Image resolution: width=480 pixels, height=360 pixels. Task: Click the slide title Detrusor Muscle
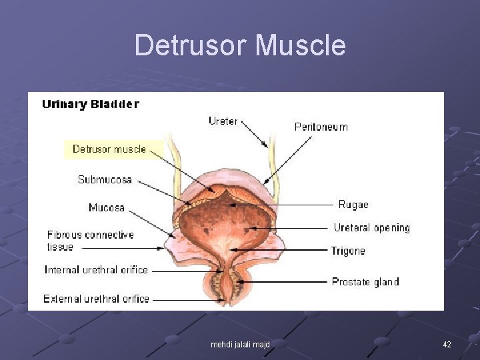[x=240, y=45]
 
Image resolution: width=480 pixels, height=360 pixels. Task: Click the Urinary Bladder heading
[x=91, y=104]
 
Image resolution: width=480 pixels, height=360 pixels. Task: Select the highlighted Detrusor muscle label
[x=109, y=149]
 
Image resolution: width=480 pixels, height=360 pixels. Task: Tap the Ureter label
[x=223, y=121]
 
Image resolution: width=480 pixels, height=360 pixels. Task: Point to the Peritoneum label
[x=321, y=127]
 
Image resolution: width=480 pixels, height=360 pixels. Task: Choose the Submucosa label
[x=105, y=179]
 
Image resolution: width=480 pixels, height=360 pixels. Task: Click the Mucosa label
[x=107, y=207]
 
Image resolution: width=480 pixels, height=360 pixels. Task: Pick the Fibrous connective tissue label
[x=90, y=241]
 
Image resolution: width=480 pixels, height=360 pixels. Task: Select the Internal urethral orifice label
[x=96, y=270]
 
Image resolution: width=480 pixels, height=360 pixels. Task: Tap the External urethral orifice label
[x=96, y=299]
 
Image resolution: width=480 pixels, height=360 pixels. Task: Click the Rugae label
[x=353, y=205]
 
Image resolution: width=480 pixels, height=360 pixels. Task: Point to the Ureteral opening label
[x=371, y=228]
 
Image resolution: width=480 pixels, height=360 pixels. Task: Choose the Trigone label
[x=348, y=251]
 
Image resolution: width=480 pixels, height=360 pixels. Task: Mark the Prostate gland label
[x=365, y=282]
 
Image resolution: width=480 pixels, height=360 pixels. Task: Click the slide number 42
[x=447, y=345]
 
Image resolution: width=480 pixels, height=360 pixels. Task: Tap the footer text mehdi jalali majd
[x=240, y=345]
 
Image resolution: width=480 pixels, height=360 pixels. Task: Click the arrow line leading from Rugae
[x=300, y=205]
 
